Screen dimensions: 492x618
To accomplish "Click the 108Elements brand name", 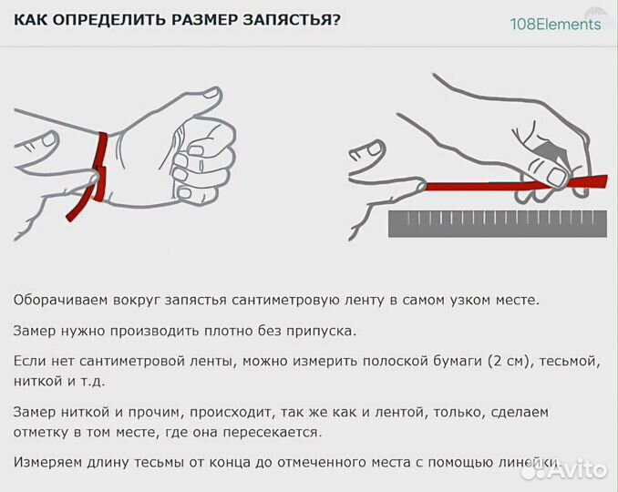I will (x=555, y=24).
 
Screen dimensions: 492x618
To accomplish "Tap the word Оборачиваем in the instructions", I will (x=58, y=300).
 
